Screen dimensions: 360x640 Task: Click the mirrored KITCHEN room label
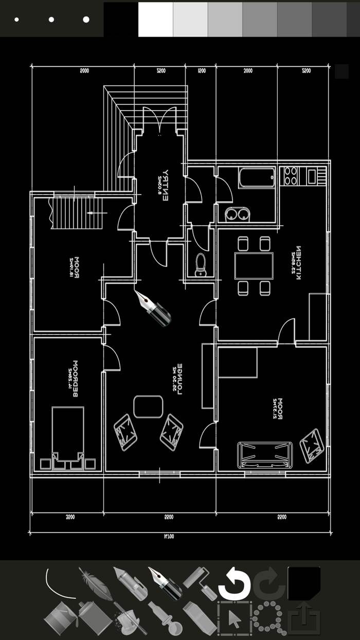point(297,262)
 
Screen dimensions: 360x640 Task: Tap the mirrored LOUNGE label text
point(178,381)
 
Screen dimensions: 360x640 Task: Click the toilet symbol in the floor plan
point(201,264)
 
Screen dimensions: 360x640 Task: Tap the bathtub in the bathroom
point(256,178)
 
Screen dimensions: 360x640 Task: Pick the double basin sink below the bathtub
point(237,213)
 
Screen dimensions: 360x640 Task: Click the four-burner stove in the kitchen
point(291,175)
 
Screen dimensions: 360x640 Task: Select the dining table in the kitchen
point(254,265)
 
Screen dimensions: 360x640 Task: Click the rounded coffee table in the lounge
point(149,406)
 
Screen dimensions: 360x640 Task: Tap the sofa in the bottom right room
point(265,454)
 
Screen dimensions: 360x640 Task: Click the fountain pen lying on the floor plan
point(153,308)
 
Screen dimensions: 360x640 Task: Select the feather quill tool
point(96,584)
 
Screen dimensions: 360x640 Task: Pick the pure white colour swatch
point(155,19)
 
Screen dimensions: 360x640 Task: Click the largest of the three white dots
point(86,20)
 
